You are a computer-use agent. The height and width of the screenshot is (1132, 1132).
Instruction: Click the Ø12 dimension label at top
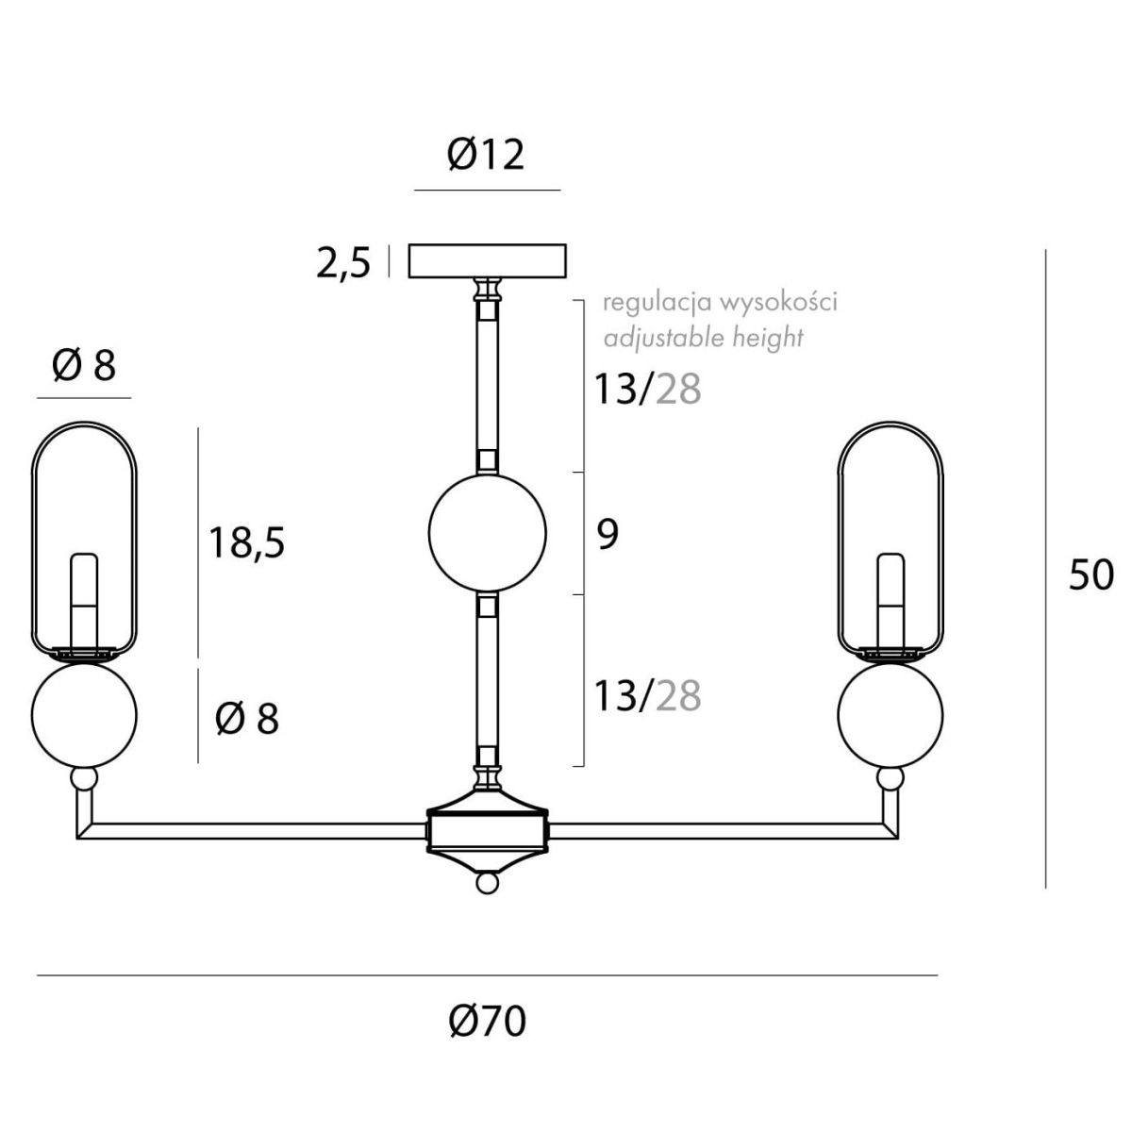point(485,156)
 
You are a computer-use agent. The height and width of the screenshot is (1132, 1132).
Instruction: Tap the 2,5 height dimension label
point(343,263)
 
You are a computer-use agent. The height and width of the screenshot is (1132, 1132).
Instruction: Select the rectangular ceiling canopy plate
point(487,260)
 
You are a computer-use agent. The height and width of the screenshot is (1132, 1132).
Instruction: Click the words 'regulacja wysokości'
point(720,303)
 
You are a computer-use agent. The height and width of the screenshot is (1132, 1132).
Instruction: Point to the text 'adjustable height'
point(703,339)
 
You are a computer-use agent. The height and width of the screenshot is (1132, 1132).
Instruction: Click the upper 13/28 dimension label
point(648,389)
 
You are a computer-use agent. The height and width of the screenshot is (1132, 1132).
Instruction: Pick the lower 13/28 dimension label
point(648,695)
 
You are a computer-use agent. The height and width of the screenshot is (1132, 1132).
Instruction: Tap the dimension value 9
point(608,535)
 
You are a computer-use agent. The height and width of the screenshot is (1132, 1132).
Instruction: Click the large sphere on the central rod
point(487,533)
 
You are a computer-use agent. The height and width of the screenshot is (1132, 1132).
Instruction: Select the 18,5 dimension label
point(247,542)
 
